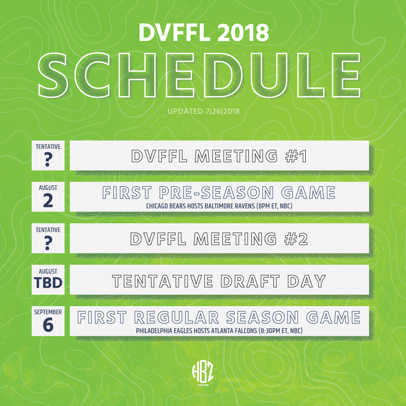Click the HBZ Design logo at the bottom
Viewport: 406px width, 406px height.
pyautogui.click(x=203, y=374)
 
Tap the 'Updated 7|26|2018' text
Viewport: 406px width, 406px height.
pyautogui.click(x=203, y=111)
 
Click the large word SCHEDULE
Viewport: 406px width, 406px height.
pyautogui.click(x=199, y=75)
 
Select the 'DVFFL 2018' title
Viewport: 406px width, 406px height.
pyautogui.click(x=204, y=32)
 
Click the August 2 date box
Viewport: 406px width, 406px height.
pyautogui.click(x=48, y=197)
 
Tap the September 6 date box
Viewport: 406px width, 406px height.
pyautogui.click(x=48, y=321)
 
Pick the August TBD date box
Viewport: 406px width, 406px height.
pyautogui.click(x=48, y=280)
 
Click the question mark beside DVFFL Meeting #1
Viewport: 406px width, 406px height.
pyautogui.click(x=48, y=159)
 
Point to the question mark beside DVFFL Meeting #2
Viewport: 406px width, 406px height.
pyautogui.click(x=48, y=243)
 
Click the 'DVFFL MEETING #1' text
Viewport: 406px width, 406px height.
pyautogui.click(x=219, y=156)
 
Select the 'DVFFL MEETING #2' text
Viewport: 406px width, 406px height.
pyautogui.click(x=219, y=239)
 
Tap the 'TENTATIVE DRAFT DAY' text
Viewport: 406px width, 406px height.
pyautogui.click(x=219, y=281)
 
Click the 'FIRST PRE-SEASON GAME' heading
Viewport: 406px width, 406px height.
pyautogui.click(x=219, y=192)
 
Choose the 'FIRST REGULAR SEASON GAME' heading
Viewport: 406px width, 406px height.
pyautogui.click(x=219, y=317)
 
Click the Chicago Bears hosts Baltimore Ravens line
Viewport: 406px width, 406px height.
pyautogui.click(x=219, y=206)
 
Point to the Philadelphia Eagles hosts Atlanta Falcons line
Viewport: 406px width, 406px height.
pyautogui.click(x=219, y=330)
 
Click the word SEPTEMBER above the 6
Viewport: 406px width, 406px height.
pyautogui.click(x=48, y=312)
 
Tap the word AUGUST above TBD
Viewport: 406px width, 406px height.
pyautogui.click(x=48, y=271)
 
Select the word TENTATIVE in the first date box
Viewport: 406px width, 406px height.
pyautogui.click(x=48, y=147)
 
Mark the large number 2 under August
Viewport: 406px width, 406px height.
pyautogui.click(x=48, y=201)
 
